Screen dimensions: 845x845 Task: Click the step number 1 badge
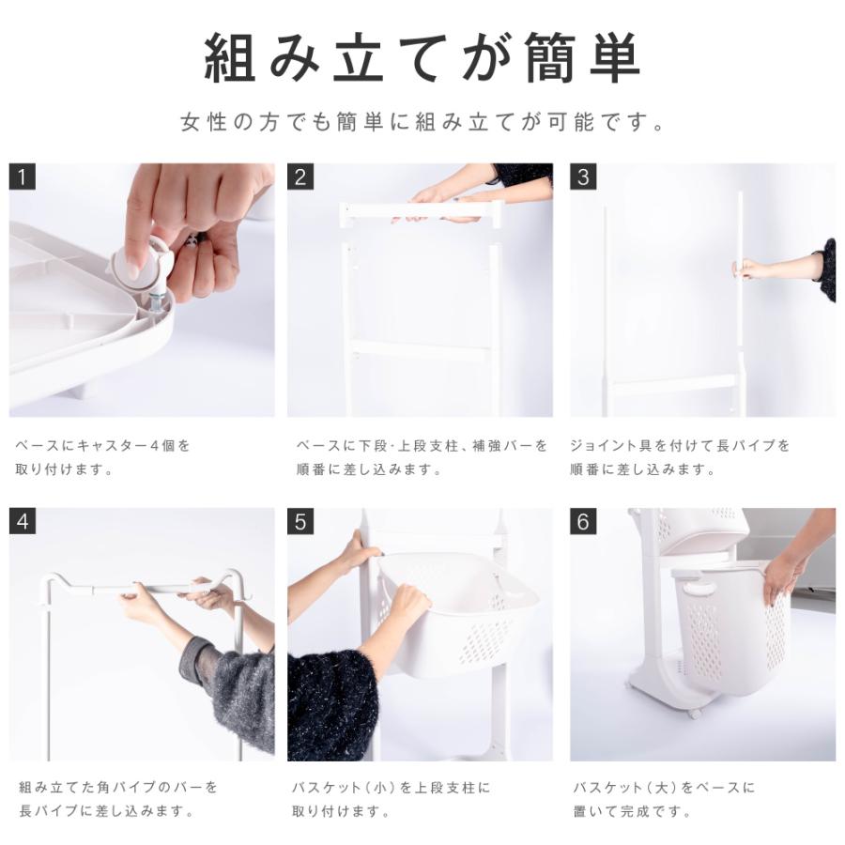(23, 177)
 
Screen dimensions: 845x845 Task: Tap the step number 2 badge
(300, 177)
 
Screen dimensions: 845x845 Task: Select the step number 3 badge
(583, 177)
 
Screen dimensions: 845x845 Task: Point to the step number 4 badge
(23, 521)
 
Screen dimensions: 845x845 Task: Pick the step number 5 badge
(300, 521)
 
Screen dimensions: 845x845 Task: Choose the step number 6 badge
(583, 521)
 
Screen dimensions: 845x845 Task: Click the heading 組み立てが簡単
(422, 57)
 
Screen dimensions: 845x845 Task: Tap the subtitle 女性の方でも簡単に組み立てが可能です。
(423, 122)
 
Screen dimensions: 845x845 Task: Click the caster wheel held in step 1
(142, 264)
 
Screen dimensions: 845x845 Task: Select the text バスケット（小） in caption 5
(344, 788)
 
